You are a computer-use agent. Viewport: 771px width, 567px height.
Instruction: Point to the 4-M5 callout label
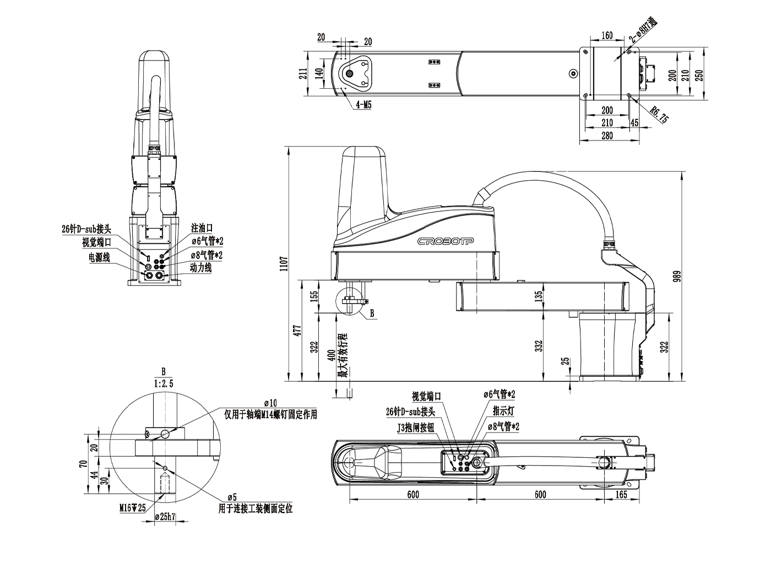coord(363,104)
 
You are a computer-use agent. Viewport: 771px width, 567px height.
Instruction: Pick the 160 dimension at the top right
coord(606,36)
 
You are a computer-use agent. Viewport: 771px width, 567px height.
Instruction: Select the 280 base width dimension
coord(607,136)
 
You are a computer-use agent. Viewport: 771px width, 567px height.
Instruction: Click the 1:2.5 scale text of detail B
coord(163,384)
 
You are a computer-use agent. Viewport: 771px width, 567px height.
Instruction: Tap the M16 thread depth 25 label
coord(133,508)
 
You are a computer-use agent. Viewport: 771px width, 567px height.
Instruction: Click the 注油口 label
coord(202,228)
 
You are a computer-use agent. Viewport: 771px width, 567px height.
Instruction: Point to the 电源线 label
coord(99,257)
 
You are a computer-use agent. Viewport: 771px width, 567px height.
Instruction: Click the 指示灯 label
coord(504,411)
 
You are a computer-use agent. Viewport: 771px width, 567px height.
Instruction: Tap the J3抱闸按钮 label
coord(416,428)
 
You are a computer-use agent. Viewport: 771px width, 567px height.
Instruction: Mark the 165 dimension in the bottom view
coord(621,494)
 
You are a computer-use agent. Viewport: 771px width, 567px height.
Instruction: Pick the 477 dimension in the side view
coord(297,331)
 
